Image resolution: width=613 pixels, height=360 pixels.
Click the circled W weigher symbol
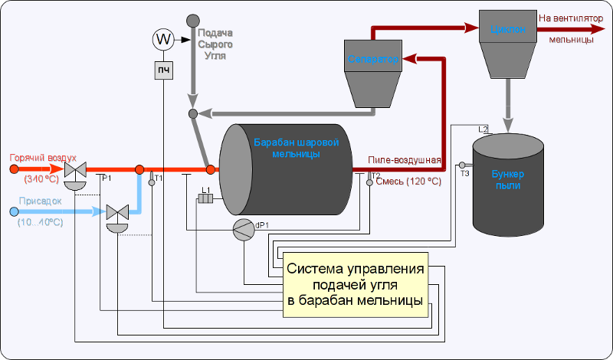click(x=162, y=39)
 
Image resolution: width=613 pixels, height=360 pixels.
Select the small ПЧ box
click(x=163, y=71)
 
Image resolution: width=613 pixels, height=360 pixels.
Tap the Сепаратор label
click(x=374, y=59)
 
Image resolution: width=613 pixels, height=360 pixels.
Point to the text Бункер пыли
click(x=508, y=179)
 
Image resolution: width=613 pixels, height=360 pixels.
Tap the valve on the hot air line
click(x=75, y=170)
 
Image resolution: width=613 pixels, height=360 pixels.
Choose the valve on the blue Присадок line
click(x=117, y=211)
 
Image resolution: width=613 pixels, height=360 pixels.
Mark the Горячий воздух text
click(x=43, y=157)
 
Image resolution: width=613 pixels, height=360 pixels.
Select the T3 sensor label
click(x=465, y=173)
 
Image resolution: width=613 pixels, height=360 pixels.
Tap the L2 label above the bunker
click(x=483, y=129)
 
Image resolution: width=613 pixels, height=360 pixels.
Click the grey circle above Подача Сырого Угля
click(x=192, y=19)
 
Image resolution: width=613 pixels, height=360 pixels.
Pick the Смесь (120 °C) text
click(x=408, y=182)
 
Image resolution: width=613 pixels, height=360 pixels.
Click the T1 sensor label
click(x=159, y=178)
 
